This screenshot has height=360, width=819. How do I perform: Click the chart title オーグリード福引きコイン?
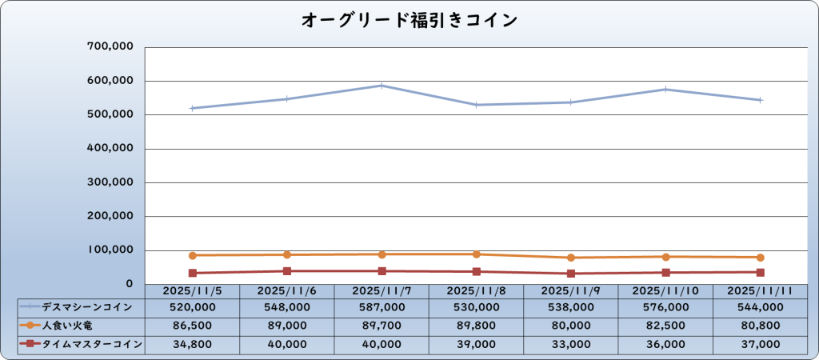tap(409, 19)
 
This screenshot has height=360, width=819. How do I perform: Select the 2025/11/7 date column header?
tap(382, 290)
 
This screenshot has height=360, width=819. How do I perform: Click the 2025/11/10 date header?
tap(665, 290)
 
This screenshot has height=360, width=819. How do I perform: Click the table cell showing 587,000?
tap(382, 307)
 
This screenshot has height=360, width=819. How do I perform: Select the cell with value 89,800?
tap(476, 326)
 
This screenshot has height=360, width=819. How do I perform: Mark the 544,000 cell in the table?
tap(760, 307)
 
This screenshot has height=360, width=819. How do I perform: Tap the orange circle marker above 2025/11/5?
tap(193, 255)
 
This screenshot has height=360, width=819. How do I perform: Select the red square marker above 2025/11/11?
tap(760, 272)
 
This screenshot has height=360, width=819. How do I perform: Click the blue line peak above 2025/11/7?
tap(382, 86)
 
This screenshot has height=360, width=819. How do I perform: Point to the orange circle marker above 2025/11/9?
tap(570, 258)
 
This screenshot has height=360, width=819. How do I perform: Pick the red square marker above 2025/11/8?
tap(476, 271)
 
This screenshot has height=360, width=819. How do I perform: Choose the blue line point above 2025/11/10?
tap(665, 90)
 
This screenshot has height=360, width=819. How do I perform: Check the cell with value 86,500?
tap(193, 326)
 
